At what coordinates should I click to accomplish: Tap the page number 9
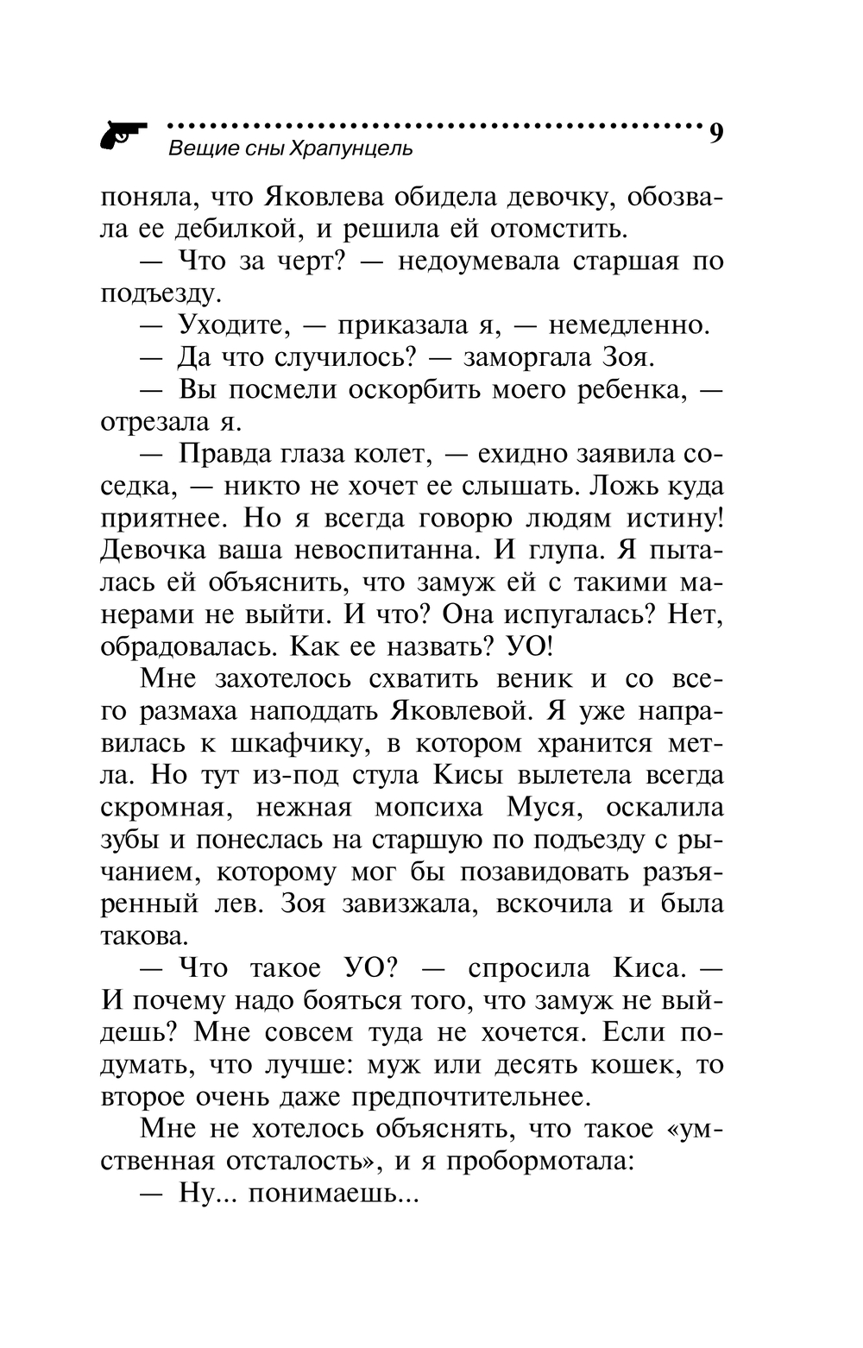point(715,134)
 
